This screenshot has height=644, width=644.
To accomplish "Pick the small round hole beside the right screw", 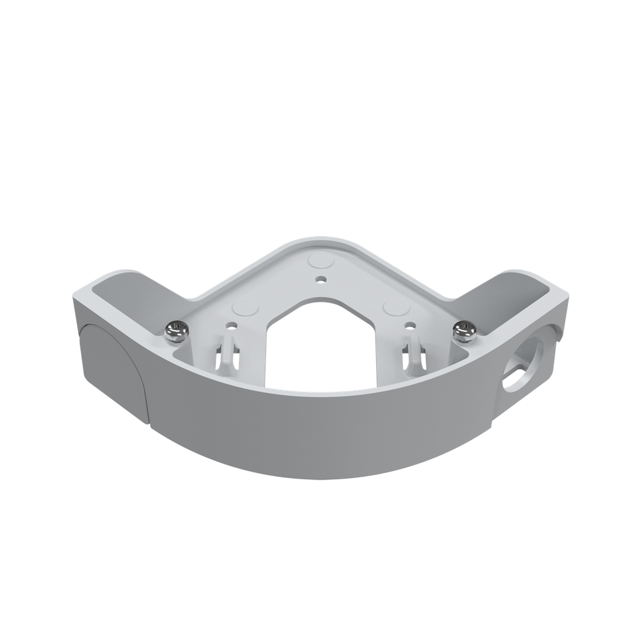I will [x=410, y=326].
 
